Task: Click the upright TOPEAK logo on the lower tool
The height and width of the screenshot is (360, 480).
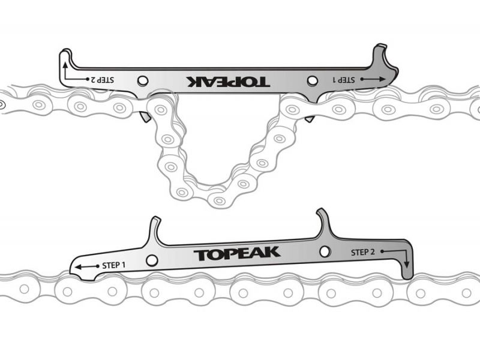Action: [237, 254]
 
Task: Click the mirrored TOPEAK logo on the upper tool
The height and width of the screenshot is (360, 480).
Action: [227, 82]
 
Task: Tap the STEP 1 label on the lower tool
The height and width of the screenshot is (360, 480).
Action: [114, 264]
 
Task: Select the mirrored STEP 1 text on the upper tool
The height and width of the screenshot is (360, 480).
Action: [344, 79]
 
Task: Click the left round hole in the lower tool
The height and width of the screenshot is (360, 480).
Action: [152, 260]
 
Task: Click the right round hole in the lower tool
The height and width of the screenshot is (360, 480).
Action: [325, 251]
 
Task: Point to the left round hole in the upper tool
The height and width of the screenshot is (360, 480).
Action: [143, 81]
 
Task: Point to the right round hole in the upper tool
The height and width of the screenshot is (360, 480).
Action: [311, 80]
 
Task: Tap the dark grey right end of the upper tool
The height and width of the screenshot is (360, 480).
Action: [384, 72]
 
